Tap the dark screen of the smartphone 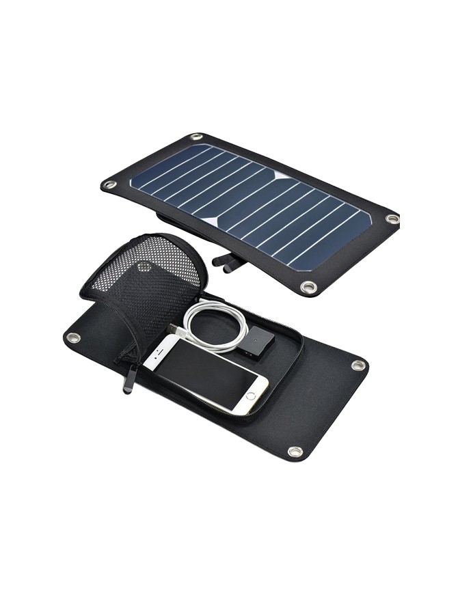[204, 374]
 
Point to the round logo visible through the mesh [144, 266]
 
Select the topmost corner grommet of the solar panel [196, 137]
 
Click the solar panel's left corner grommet [107, 184]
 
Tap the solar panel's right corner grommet [392, 219]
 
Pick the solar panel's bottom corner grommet [309, 288]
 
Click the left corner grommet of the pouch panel [73, 337]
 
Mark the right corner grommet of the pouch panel [358, 365]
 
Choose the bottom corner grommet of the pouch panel [295, 452]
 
